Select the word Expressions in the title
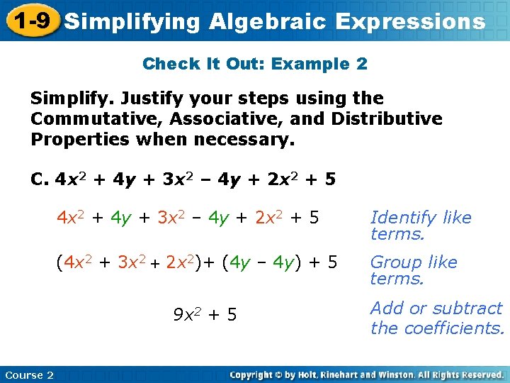(x=411, y=21)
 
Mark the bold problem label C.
(x=40, y=179)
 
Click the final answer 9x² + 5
(x=205, y=313)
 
